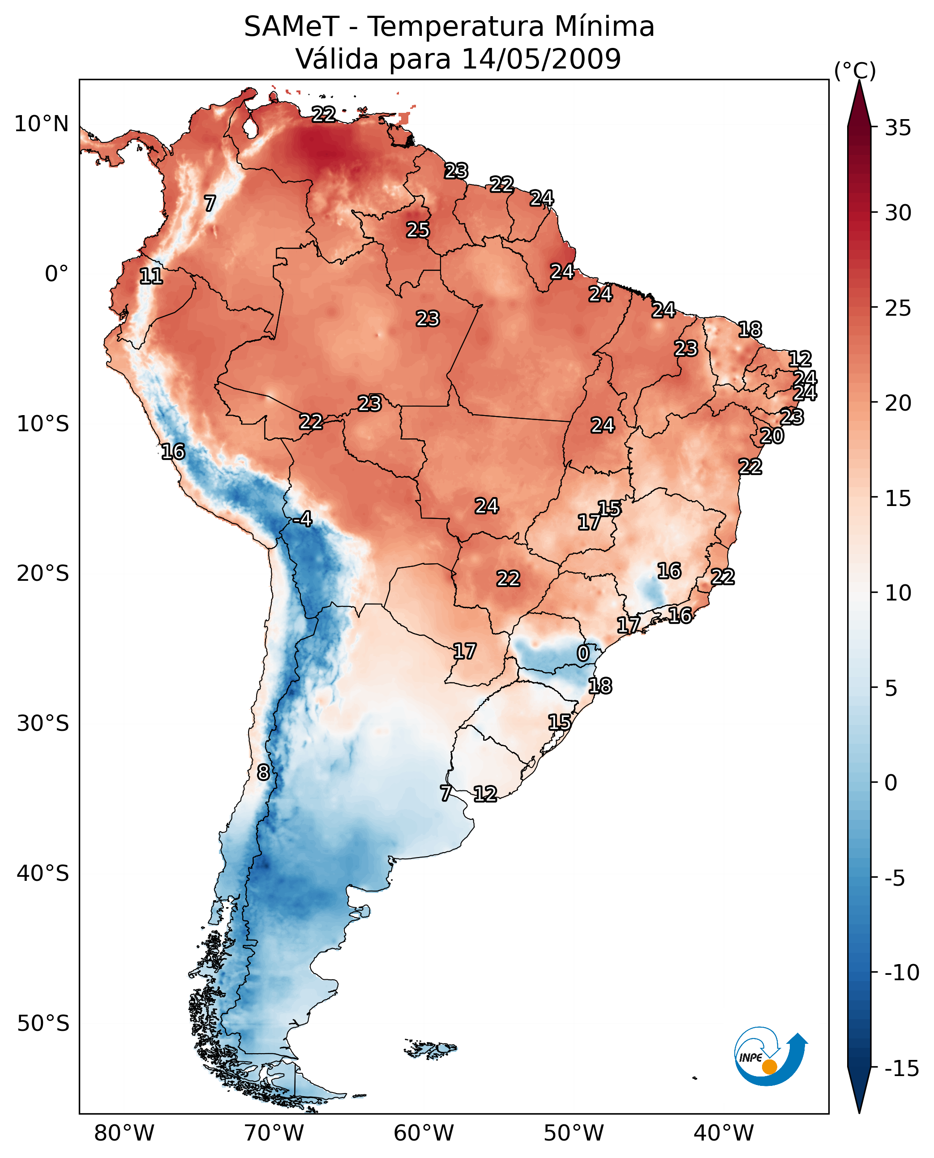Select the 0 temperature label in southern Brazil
tap(583, 654)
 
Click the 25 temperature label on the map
tap(417, 230)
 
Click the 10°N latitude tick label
tap(42, 124)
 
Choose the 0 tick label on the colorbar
tap(891, 782)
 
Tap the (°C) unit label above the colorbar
tap(855, 70)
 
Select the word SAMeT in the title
tap(291, 26)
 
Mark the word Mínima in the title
tap(604, 26)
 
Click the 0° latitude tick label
tap(56, 274)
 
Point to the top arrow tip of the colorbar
tap(859, 82)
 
